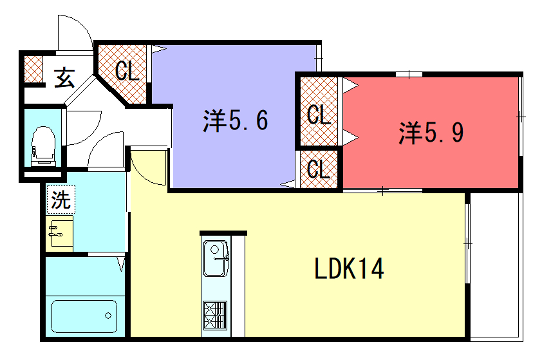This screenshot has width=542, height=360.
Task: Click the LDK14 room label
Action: tap(349, 269)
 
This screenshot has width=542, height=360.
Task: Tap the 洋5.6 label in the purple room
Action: tap(235, 121)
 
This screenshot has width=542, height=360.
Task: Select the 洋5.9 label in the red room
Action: tap(431, 133)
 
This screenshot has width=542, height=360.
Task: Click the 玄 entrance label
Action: tap(64, 77)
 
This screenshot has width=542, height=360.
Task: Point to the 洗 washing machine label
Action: tap(61, 200)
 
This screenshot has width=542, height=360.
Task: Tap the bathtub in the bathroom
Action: tap(84, 316)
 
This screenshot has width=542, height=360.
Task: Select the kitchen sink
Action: tap(216, 258)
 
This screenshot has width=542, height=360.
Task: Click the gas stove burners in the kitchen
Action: tap(215, 315)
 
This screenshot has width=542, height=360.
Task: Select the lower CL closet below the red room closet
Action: tap(318, 169)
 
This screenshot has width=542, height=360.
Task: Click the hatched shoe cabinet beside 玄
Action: tap(33, 69)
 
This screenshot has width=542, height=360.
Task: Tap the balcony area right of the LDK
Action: tap(495, 266)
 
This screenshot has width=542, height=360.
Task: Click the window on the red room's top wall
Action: tap(409, 74)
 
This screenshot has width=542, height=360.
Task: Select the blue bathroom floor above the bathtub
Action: tap(85, 276)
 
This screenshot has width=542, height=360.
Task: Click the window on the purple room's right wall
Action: tap(319, 58)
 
